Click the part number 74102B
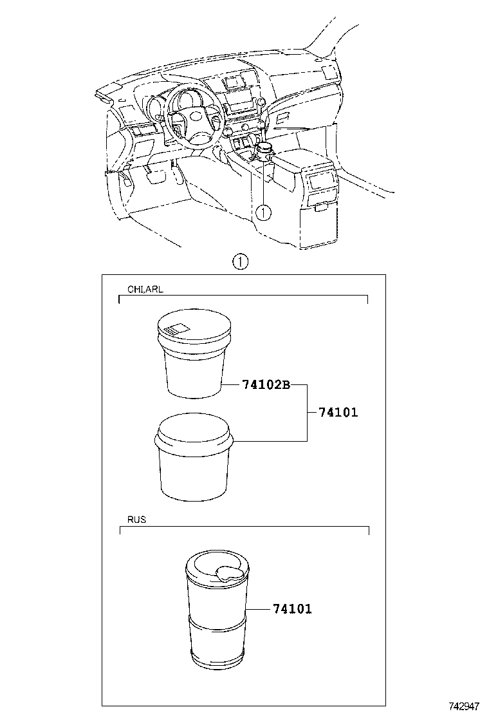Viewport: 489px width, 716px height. (266, 385)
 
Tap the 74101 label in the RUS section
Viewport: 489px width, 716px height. (291, 608)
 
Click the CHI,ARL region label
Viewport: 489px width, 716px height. (145, 290)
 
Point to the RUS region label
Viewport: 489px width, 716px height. (136, 519)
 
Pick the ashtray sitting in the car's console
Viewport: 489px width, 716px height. (264, 151)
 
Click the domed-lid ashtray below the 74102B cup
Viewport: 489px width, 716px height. (194, 457)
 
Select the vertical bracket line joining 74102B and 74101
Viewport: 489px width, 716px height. (307, 412)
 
